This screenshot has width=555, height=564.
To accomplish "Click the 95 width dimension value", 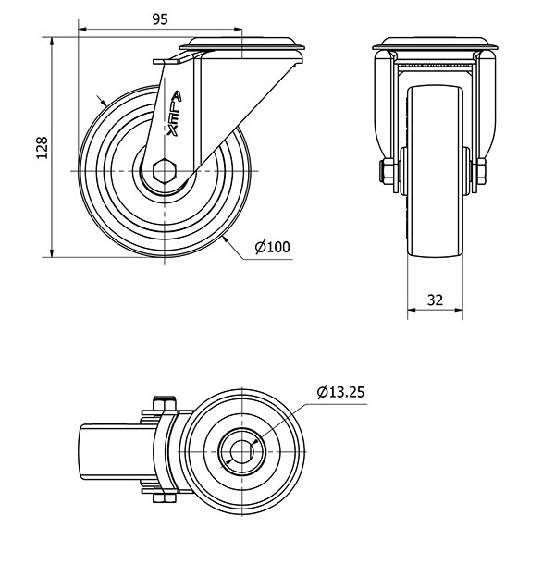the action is coord(160,19).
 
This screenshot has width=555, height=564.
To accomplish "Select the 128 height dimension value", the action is coord(43,148).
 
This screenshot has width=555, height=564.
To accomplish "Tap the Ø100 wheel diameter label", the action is coord(273,247).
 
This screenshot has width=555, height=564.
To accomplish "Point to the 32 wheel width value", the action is coord(435,300).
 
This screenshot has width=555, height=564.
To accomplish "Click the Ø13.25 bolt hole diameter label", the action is coord(340,392).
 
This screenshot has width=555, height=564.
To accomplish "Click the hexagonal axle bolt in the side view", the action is coord(165,170).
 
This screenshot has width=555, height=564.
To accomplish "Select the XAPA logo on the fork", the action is coord(174,114).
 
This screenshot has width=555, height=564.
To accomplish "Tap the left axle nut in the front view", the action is coord(388,172).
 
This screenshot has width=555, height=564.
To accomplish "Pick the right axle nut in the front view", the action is coord(480,172).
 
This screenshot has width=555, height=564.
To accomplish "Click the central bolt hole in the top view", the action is coord(243,451).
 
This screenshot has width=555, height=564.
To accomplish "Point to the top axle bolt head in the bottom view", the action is coord(165,403).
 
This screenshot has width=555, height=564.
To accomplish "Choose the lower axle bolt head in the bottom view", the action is coord(164,497).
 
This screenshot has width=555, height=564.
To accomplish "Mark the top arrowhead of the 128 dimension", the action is coord(53,42).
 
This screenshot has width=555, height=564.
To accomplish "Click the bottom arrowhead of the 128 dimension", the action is coord(53,252).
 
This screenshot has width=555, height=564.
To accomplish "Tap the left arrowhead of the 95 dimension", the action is coord(82,29).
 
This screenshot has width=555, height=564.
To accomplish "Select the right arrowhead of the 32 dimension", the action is coord(458,310).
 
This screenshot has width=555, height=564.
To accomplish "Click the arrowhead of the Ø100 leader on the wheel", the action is coord(226,239).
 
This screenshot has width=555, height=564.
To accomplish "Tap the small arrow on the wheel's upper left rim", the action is coord(101,100).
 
